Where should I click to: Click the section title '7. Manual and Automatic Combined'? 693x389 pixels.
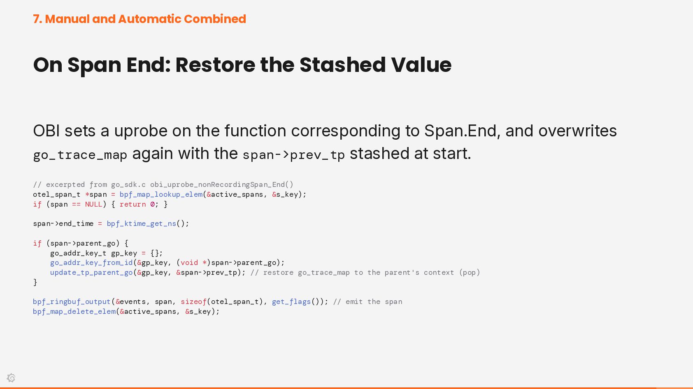pos(140,19)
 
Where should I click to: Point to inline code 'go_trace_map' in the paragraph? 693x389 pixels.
pos(80,155)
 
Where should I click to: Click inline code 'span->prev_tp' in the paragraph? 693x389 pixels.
pos(293,155)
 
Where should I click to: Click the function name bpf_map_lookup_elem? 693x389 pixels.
pos(161,195)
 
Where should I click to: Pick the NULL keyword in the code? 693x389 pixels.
pos(93,205)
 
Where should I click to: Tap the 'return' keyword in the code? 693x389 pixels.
pos(133,205)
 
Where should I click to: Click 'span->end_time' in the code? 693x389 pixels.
pos(63,224)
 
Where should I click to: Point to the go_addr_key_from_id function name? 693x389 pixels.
pos(91,263)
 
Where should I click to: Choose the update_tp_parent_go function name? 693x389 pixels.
pos(91,273)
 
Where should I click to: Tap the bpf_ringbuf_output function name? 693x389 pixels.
pos(72,302)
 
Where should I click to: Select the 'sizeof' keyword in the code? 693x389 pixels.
pos(193,302)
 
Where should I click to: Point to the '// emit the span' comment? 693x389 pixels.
pos(367,302)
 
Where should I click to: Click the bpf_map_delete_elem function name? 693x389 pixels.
pos(74,311)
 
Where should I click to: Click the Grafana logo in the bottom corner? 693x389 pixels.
pos(11,377)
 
